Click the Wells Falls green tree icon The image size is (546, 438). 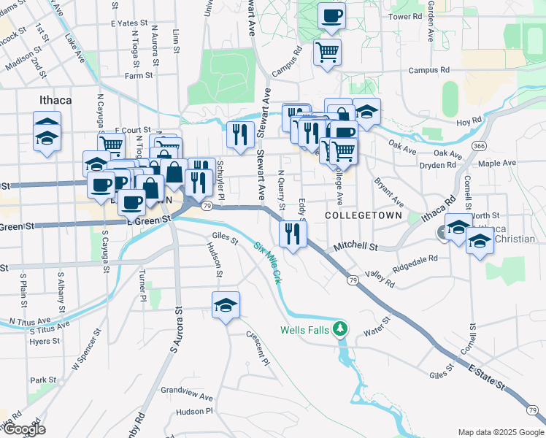coord(339,329)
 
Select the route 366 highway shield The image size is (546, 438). coord(479,146)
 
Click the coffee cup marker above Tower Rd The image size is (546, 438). coord(331,15)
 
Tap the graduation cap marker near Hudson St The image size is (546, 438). coord(226,305)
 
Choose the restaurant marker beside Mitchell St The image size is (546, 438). coord(293,234)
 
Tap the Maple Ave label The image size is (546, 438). coord(497,164)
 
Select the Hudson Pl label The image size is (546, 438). coord(194,411)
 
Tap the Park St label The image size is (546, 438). coord(43,380)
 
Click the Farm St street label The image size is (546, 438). coord(138,75)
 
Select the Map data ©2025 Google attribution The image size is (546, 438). coord(501,431)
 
